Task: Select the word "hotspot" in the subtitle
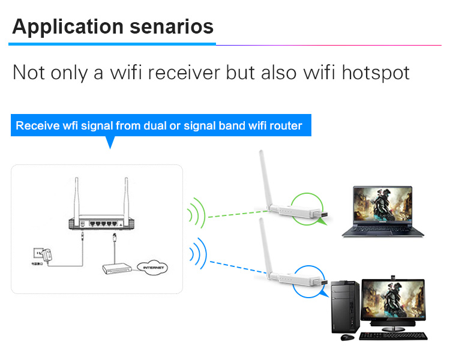coord(376,73)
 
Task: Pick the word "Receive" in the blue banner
coord(35,126)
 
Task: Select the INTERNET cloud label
coord(151,267)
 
